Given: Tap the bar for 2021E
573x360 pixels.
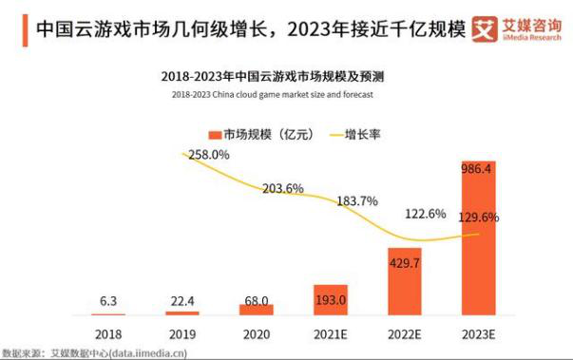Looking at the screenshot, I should coord(332,299).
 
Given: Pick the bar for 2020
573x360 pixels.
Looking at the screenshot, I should coord(256,309).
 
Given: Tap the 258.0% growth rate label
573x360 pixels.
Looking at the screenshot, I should coord(208,154).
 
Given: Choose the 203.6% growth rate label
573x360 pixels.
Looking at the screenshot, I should coord(282,188).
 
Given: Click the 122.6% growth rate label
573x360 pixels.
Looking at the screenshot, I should coord(425,214).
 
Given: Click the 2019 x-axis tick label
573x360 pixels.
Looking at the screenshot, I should coord(182,334).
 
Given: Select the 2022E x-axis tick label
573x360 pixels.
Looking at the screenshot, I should coord(405,334).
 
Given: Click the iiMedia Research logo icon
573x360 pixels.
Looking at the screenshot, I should coord(485,29).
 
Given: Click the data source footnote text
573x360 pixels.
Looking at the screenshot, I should coord(94,353).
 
